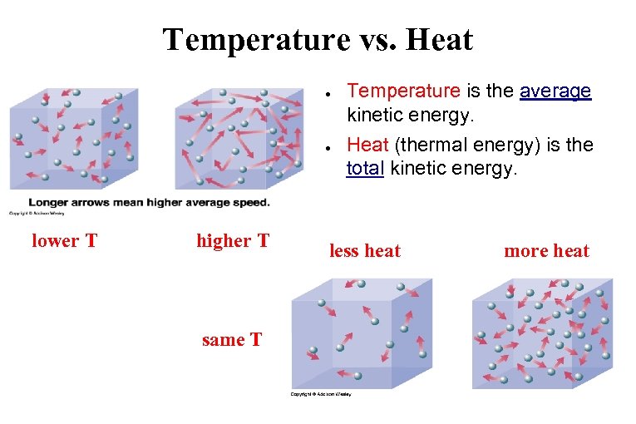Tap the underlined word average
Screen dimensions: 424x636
point(555,91)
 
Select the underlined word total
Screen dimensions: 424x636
point(364,169)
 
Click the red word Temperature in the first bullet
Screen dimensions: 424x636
point(403,91)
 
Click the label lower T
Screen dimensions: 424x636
point(64,241)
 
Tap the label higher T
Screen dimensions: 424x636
point(233,241)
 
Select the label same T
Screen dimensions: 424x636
point(232,339)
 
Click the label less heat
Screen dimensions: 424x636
point(365,250)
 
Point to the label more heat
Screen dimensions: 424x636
point(546,250)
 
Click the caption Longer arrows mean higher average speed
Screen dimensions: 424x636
point(149,203)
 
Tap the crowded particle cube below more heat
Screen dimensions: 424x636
point(541,333)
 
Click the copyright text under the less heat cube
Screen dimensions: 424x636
point(321,394)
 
